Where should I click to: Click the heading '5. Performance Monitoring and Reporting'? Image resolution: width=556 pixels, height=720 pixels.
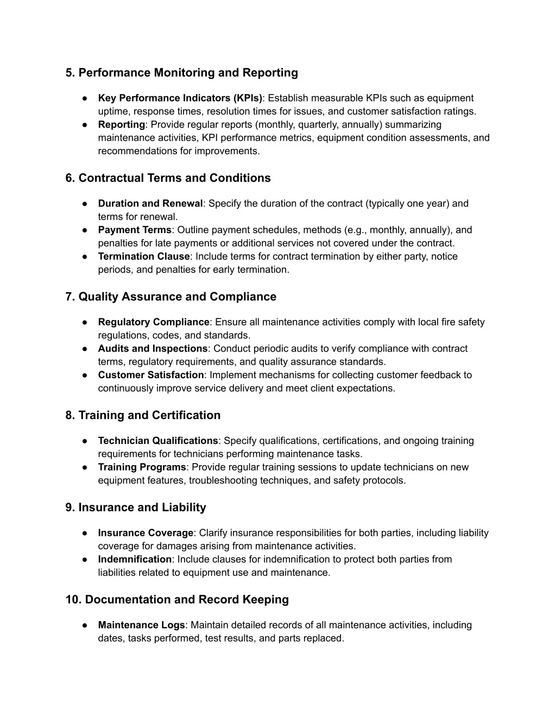[x=181, y=73]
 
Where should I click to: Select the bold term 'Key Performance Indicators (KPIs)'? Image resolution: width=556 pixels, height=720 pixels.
[x=180, y=98]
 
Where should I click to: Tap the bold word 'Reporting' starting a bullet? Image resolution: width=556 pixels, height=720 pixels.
[x=121, y=124]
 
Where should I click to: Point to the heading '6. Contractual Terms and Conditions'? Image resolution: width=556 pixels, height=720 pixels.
[x=168, y=178]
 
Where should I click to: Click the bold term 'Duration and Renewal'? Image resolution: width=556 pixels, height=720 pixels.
[x=150, y=204]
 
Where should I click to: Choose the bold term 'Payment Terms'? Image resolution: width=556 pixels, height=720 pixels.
[x=134, y=230]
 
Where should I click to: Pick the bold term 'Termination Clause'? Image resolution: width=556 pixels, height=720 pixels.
[x=144, y=256]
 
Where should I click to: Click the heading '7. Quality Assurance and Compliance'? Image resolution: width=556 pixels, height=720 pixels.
[x=170, y=297]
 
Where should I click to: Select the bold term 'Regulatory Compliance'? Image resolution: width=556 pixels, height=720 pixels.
[x=153, y=322]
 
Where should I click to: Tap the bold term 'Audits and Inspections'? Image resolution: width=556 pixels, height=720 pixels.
[x=153, y=349]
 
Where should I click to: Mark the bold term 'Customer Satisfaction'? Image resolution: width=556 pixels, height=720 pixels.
[x=150, y=375]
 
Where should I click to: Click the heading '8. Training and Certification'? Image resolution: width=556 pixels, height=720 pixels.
[x=143, y=415]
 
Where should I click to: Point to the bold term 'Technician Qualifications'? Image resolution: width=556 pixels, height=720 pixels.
[x=158, y=441]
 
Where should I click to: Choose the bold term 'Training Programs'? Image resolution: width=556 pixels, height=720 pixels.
[x=142, y=467]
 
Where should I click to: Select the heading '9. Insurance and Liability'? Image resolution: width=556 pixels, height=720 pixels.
[x=136, y=508]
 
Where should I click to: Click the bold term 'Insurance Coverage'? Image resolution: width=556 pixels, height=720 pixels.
[x=146, y=533]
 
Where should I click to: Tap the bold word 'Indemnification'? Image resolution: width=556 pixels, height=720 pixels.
[x=135, y=559]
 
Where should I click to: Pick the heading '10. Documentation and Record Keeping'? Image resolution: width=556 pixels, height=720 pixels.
[x=177, y=600]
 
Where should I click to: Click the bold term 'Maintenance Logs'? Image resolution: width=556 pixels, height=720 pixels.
[x=141, y=625]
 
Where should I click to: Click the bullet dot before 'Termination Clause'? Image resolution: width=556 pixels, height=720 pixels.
[x=85, y=256]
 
